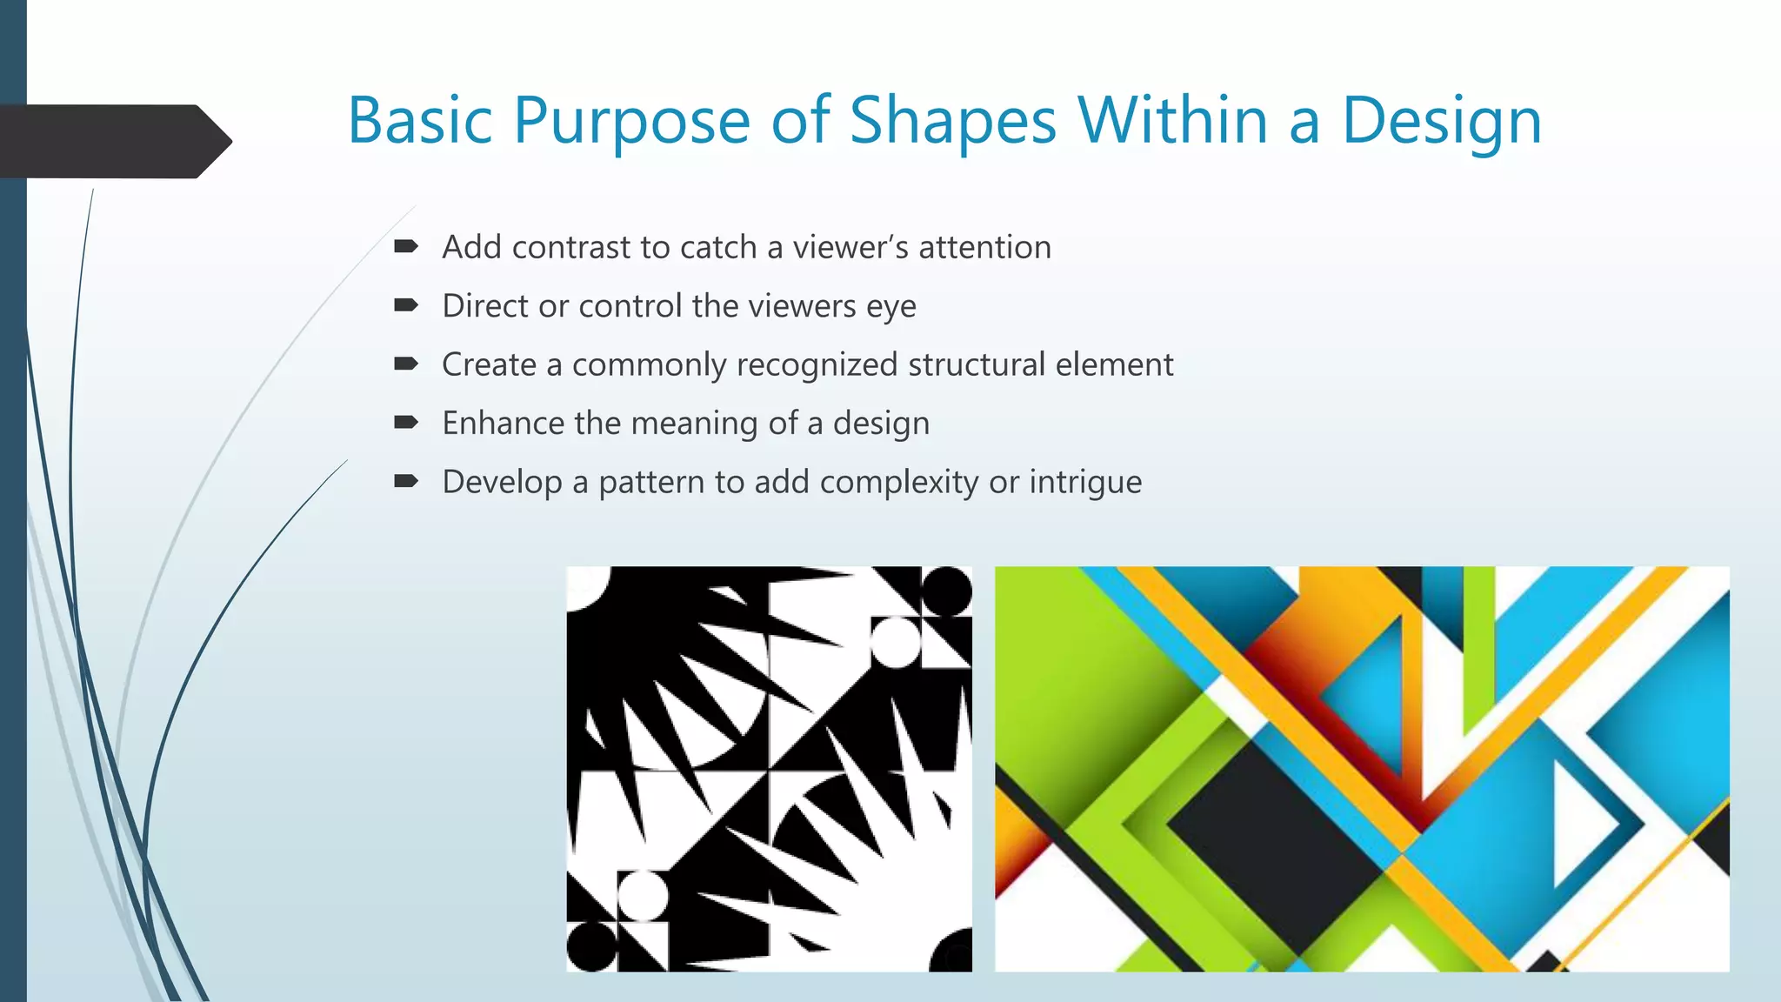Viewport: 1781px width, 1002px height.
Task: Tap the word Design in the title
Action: [1442, 121]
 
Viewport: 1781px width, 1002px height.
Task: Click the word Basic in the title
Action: [421, 121]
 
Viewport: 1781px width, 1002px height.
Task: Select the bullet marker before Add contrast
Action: [406, 247]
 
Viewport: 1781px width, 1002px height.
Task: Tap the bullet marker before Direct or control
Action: [406, 305]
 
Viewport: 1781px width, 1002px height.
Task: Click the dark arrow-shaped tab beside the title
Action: [113, 142]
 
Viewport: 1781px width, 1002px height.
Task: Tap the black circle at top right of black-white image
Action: [946, 591]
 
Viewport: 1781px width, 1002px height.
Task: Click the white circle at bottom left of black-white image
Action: [643, 897]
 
